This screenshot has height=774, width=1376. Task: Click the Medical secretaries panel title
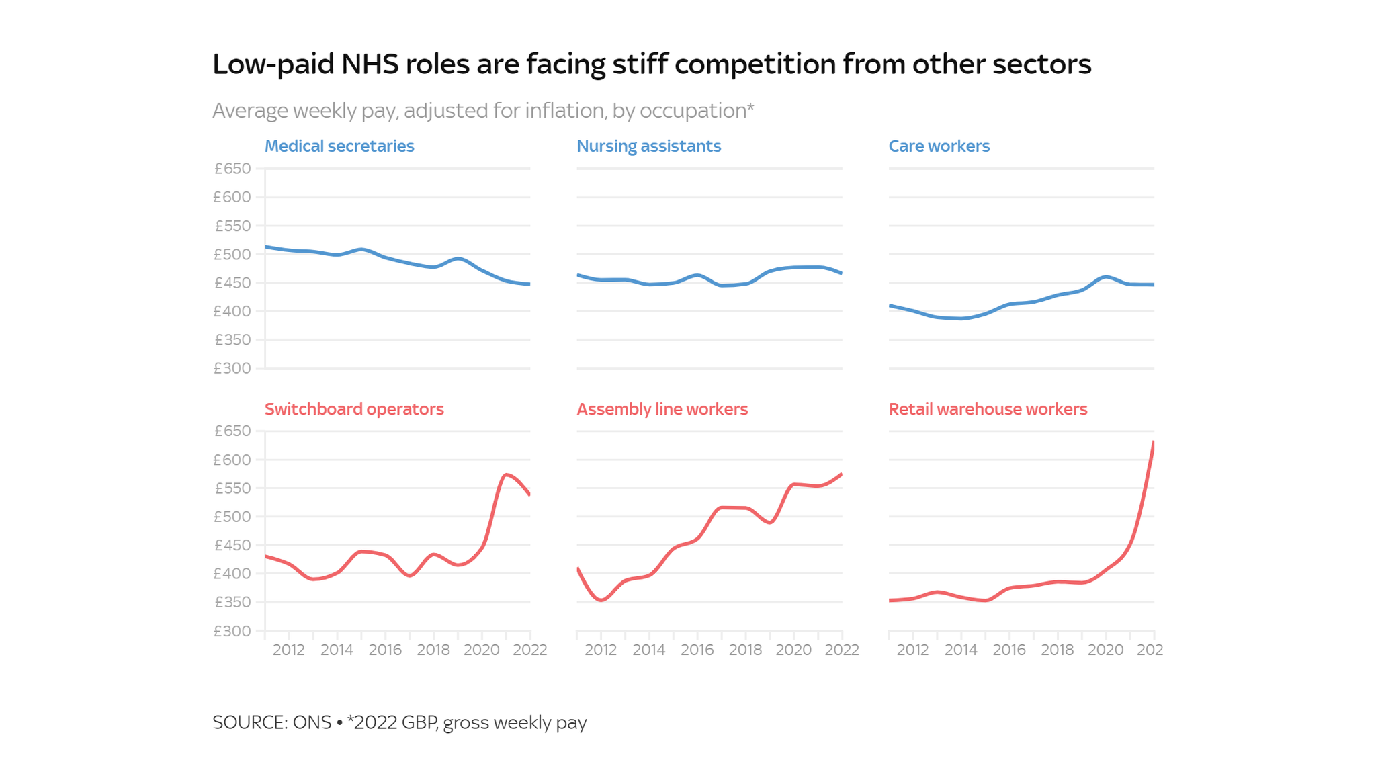pyautogui.click(x=339, y=146)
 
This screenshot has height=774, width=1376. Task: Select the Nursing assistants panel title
pyautogui.click(x=648, y=146)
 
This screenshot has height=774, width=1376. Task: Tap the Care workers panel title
pyautogui.click(x=939, y=146)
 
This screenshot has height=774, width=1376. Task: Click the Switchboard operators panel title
pyautogui.click(x=354, y=409)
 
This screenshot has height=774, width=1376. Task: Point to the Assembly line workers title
pyautogui.click(x=662, y=409)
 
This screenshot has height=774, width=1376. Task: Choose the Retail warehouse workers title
pyautogui.click(x=988, y=409)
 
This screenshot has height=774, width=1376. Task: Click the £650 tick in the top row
pyautogui.click(x=232, y=169)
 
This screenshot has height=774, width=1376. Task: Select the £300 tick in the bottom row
pyautogui.click(x=232, y=631)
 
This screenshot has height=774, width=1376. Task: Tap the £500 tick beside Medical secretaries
pyautogui.click(x=232, y=255)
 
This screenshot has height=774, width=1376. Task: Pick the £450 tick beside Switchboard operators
pyautogui.click(x=232, y=546)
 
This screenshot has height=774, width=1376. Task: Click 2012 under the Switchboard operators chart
pyautogui.click(x=288, y=650)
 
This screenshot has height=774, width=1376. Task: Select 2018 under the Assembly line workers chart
pyautogui.click(x=745, y=650)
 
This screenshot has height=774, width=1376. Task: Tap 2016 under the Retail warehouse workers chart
pyautogui.click(x=1008, y=650)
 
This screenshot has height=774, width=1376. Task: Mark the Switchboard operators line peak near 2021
pyautogui.click(x=507, y=474)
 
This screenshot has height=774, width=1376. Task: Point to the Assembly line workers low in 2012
pyautogui.click(x=601, y=600)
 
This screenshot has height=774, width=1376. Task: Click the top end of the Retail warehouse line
pyautogui.click(x=1153, y=443)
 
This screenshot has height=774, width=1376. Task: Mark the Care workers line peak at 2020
pyautogui.click(x=1105, y=277)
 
